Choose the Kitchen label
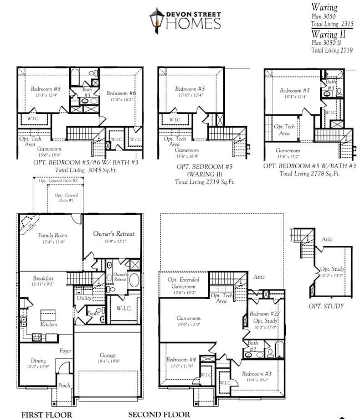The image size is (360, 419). pos(49,324)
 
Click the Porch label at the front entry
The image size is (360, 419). pos(64,385)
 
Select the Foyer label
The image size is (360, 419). pos(65,350)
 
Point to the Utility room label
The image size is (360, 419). pos(84,298)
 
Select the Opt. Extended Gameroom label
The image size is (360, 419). pos(185,282)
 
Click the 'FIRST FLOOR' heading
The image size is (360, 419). pos(47,414)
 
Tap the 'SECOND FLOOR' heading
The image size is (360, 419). pos(159,414)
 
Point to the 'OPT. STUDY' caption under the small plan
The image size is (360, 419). pos(326,306)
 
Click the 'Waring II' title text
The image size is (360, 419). pos(329,34)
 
